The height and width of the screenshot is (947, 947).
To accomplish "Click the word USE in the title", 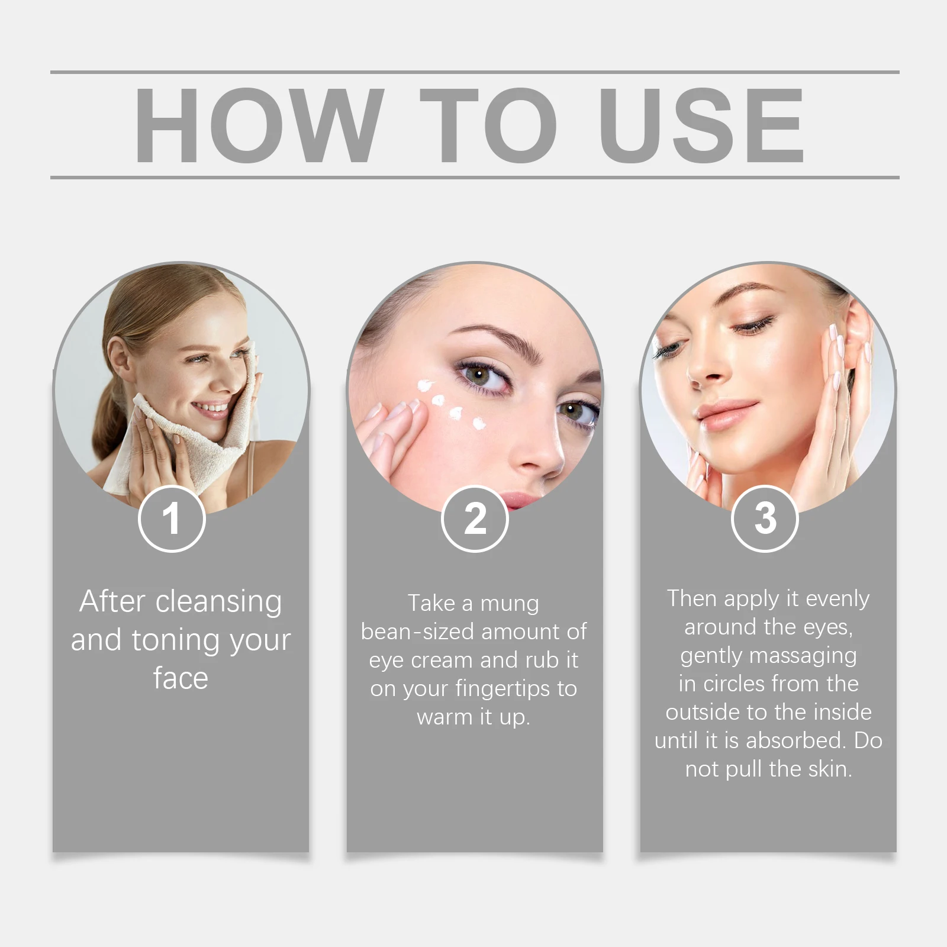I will click(701, 125).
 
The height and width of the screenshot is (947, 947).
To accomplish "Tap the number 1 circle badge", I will click(172, 519).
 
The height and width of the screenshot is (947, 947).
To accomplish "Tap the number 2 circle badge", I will click(475, 519).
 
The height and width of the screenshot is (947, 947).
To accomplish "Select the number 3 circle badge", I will click(765, 519).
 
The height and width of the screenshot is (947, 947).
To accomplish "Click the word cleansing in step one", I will click(218, 602).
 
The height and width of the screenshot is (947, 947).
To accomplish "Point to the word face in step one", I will click(181, 678).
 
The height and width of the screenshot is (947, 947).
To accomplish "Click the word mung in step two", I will click(510, 604).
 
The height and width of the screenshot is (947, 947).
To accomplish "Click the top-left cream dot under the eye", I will click(424, 386).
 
